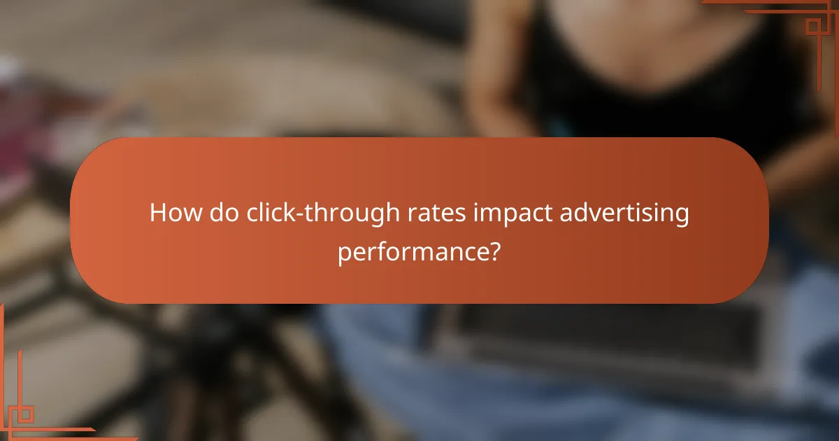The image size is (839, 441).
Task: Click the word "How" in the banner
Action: [x=170, y=213]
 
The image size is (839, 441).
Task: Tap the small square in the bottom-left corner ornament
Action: [x=25, y=414]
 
